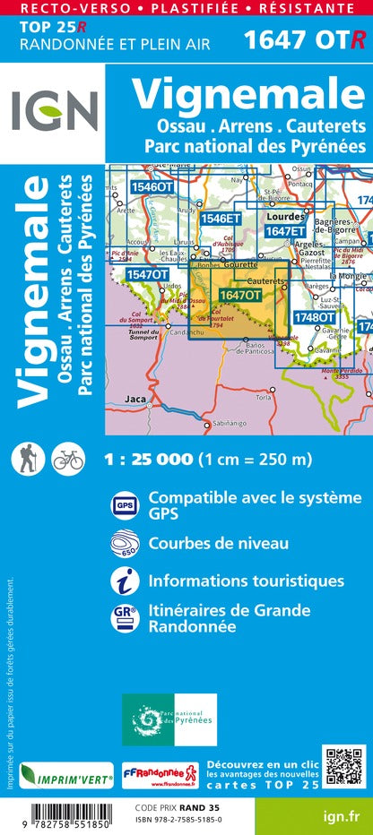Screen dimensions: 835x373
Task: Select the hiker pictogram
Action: [x=26, y=459]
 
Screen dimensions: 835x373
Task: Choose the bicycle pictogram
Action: [x=67, y=459]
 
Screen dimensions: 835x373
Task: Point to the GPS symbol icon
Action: [x=123, y=505]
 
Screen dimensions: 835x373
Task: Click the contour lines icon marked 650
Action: [x=123, y=544]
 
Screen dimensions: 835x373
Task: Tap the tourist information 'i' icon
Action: [x=123, y=581]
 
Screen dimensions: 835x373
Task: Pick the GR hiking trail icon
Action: [x=123, y=618]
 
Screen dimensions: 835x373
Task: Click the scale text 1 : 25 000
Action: [x=148, y=460]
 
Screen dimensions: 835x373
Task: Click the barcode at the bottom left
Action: [x=54, y=813]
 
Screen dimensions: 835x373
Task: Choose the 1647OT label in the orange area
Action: [x=240, y=294]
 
